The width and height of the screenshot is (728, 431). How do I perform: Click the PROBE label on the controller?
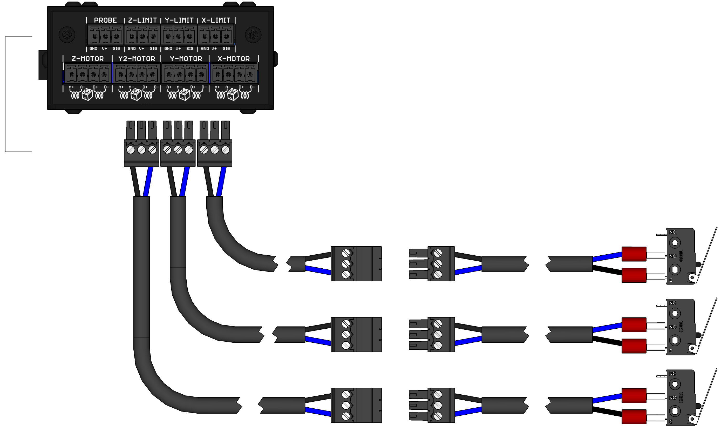coord(105,20)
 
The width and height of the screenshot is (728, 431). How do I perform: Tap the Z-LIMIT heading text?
coord(142,20)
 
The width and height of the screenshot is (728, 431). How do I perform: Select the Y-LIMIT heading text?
coord(179,20)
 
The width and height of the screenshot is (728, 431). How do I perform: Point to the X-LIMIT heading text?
coord(216,20)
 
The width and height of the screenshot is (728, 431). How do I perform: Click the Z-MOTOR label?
coord(88,59)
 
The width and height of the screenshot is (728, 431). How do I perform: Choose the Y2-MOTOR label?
coord(137,59)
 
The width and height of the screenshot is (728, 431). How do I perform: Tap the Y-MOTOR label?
coord(186,59)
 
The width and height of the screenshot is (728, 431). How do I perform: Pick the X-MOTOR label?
coord(234,59)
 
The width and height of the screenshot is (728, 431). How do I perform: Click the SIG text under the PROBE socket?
coord(116,49)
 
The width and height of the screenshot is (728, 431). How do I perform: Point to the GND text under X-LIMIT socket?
coord(205,49)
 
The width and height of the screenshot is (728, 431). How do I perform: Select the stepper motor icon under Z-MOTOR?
coord(87,94)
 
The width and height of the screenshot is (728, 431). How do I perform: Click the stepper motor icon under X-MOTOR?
coord(233,94)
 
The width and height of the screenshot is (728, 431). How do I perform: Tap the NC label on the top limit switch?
coord(672,232)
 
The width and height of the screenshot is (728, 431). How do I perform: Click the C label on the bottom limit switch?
coord(671,422)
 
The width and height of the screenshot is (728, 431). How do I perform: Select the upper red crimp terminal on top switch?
coord(634,254)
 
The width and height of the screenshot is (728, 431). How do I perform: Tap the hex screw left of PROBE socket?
coord(67,35)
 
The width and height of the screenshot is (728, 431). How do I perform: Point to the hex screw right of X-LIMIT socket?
coord(253,35)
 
